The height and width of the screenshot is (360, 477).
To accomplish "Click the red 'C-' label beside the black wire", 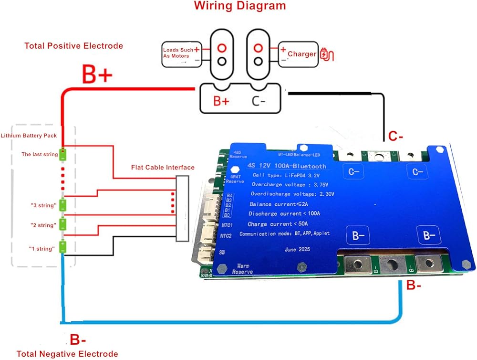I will [395, 136].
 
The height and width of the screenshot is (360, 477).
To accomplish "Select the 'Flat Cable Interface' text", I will [163, 167].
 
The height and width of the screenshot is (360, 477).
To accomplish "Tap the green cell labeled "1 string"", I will [63, 247].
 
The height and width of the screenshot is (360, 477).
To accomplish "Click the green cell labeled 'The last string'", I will [63, 154].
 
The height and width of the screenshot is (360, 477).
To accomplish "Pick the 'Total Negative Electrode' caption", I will [67, 354].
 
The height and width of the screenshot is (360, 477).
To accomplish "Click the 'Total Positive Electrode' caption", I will [73, 46].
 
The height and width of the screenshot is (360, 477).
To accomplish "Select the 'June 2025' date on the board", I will [297, 250].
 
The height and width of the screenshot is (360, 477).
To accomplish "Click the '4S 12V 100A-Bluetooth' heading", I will [287, 166].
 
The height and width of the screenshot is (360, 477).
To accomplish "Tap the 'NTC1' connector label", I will [227, 225].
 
